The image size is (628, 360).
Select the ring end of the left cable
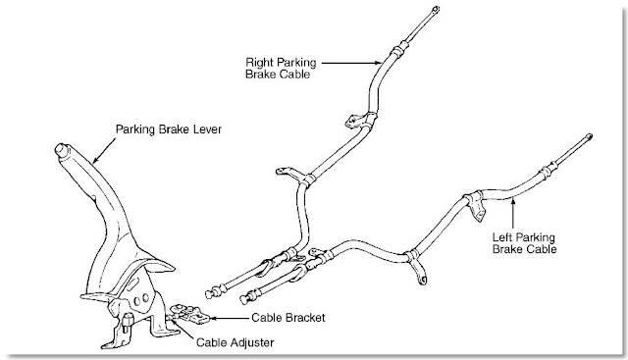pyautogui.click(x=588, y=137)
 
